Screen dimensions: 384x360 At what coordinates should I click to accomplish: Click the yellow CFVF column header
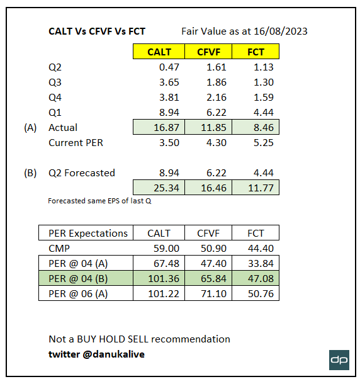point(208,52)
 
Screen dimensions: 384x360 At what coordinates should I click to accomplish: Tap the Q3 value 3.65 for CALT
point(159,82)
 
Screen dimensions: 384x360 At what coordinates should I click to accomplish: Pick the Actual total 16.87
point(159,128)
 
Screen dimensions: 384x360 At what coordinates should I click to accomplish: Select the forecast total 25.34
point(159,188)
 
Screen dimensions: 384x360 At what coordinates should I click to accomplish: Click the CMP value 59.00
point(159,249)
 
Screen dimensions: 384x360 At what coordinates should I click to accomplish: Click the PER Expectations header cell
point(88,234)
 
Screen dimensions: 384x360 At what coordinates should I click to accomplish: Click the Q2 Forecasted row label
point(81,173)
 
